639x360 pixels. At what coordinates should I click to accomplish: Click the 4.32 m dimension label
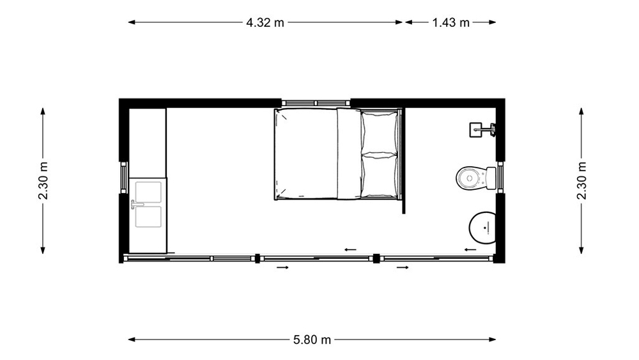[x=265, y=22]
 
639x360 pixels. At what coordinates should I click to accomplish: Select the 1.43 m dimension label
[x=450, y=22]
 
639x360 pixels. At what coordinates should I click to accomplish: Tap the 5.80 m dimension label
[x=312, y=340]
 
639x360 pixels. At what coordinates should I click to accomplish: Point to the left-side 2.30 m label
[x=43, y=180]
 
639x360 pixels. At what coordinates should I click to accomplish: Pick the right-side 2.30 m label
[x=581, y=180]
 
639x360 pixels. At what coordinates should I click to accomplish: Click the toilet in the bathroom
[x=476, y=178]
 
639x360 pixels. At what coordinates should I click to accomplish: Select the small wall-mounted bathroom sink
[x=482, y=130]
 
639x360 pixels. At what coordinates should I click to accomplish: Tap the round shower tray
[x=483, y=228]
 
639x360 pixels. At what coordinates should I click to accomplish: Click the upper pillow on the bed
[x=379, y=131]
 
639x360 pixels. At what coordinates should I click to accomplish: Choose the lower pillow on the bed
[x=379, y=175]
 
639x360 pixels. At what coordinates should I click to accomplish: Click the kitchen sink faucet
[x=136, y=204]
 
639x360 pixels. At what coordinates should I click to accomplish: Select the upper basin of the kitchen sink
[x=148, y=192]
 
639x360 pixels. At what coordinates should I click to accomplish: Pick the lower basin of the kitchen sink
[x=148, y=217]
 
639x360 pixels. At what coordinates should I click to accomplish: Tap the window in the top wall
[x=316, y=103]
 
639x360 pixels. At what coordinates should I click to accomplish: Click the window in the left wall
[x=124, y=177]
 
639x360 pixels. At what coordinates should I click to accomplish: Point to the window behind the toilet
[x=500, y=177]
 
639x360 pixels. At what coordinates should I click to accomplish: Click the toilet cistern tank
[x=491, y=178]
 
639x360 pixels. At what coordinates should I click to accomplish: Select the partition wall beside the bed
[x=403, y=160]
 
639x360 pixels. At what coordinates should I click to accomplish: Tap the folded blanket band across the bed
[x=349, y=153]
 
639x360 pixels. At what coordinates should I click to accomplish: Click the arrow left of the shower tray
[x=470, y=249]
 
